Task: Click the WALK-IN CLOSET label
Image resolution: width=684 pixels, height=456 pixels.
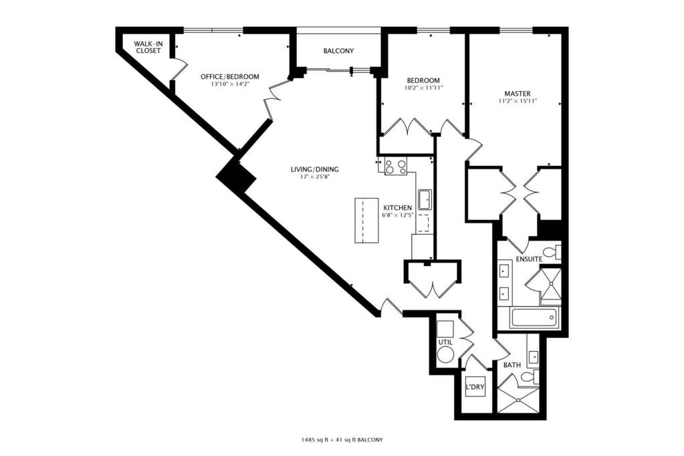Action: (x=148, y=47)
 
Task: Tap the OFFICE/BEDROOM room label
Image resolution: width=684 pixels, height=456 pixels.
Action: (x=229, y=77)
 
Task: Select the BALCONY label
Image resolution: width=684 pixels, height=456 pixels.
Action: (x=338, y=51)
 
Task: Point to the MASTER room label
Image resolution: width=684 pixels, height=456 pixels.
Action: (x=518, y=94)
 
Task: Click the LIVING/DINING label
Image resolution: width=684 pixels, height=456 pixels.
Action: (x=314, y=169)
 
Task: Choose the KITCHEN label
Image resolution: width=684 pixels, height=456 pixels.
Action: (x=397, y=208)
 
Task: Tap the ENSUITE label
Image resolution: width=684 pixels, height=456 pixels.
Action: (x=529, y=259)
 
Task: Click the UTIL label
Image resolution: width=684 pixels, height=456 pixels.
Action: (x=445, y=342)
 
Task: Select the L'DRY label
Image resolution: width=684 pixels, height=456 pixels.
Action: (x=475, y=386)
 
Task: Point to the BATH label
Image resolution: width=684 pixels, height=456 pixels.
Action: (x=512, y=365)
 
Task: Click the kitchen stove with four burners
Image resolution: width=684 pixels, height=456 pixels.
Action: (x=396, y=166)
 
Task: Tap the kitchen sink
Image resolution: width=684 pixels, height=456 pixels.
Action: (x=425, y=199)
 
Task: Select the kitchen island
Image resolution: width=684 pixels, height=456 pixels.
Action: (x=366, y=221)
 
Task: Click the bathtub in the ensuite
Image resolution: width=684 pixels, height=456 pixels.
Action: (x=534, y=318)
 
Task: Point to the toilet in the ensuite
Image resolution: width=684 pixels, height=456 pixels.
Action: (x=552, y=252)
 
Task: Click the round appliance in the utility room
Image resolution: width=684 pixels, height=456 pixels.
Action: (x=445, y=356)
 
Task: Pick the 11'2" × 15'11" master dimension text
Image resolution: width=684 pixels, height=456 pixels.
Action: (x=518, y=101)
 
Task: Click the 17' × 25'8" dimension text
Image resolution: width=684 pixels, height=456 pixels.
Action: (x=314, y=177)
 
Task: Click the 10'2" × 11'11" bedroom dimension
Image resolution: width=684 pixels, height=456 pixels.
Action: (x=423, y=88)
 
